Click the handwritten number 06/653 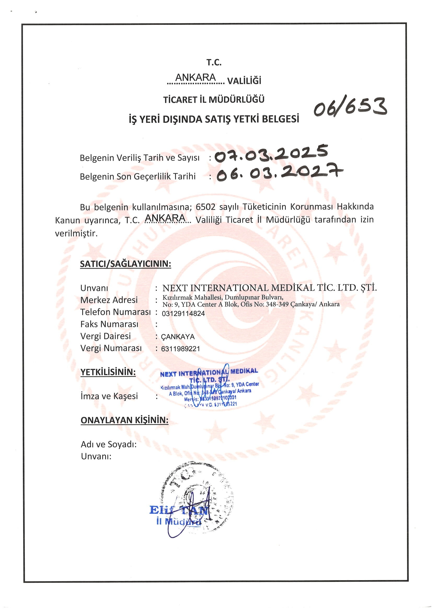pyautogui.click(x=350, y=107)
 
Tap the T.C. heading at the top pyautogui.click(x=214, y=62)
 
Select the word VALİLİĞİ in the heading pyautogui.click(x=244, y=81)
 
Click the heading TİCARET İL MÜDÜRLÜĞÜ pyautogui.click(x=214, y=100)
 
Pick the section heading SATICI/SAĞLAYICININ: pyautogui.click(x=125, y=264)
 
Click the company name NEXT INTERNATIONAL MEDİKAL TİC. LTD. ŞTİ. pyautogui.click(x=269, y=288)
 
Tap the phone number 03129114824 pyautogui.click(x=183, y=314)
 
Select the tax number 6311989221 pyautogui.click(x=181, y=349)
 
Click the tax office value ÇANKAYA pyautogui.click(x=178, y=337)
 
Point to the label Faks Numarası pyautogui.click(x=109, y=324)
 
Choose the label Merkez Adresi pyautogui.click(x=109, y=300)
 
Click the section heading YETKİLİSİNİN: pyautogui.click(x=108, y=372)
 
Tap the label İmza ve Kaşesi pyautogui.click(x=109, y=396)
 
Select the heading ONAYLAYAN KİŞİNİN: pyautogui.click(x=124, y=420)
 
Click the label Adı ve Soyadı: pyautogui.click(x=109, y=444)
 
